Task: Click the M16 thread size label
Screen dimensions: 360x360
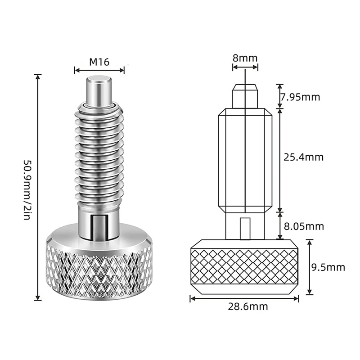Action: [x=99, y=62]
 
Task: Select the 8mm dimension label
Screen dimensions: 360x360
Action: [x=245, y=58]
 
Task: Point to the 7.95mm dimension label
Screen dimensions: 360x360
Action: [x=300, y=97]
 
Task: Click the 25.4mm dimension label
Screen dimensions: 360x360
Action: [x=303, y=157]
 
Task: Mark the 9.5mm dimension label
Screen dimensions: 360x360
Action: [x=328, y=267]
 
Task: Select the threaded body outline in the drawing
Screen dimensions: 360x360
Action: [x=245, y=160]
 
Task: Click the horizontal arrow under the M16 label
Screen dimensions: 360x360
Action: [x=99, y=70]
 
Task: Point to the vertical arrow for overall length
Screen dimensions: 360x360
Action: [x=38, y=187]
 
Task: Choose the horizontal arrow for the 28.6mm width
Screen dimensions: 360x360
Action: [x=244, y=298]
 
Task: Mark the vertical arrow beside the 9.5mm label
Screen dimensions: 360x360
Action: [x=310, y=267]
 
